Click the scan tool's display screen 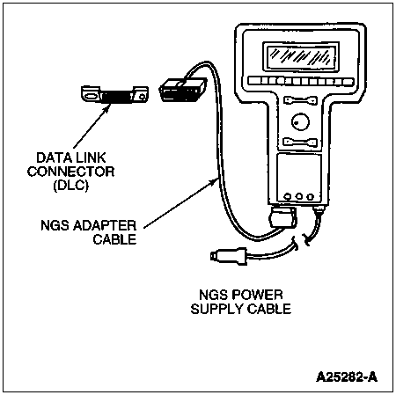coord(301,56)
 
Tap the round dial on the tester coord(300,121)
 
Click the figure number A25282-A coord(347,377)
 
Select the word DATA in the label coord(52,157)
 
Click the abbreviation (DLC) coord(71,186)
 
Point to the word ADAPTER coord(105,225)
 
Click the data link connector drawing coord(114,94)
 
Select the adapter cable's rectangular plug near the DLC coord(182,90)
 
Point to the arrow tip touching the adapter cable coord(216,179)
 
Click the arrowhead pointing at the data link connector coord(108,106)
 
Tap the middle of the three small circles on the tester coord(299,196)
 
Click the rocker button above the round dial coord(300,100)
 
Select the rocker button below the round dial coord(300,143)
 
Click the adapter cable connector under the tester coord(283,217)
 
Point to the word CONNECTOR coord(70,172)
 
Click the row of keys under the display coord(301,81)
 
